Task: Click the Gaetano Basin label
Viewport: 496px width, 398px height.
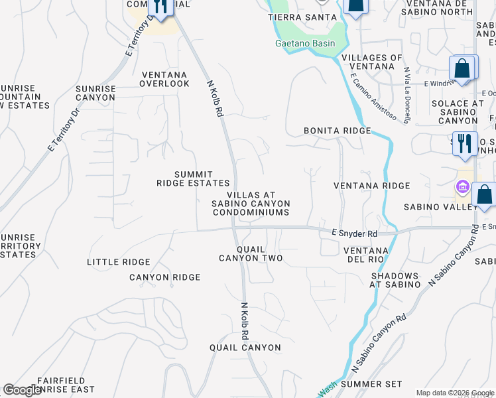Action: click(x=305, y=44)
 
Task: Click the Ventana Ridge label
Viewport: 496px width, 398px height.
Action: click(x=371, y=186)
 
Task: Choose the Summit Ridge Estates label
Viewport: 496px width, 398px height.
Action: click(x=193, y=178)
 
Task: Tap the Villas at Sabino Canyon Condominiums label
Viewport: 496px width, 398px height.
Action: click(x=251, y=203)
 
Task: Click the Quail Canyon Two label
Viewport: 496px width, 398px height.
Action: click(x=251, y=253)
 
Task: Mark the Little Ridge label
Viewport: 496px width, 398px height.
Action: click(x=119, y=262)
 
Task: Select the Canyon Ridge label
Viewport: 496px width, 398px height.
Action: click(x=164, y=277)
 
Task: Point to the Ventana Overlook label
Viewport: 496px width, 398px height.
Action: click(x=164, y=79)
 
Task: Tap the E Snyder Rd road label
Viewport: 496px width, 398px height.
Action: click(x=354, y=233)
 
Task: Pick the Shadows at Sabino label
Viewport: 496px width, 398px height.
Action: click(x=395, y=280)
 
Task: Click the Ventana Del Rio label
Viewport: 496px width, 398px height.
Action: click(x=365, y=254)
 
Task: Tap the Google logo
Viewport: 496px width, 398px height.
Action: click(x=23, y=391)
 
